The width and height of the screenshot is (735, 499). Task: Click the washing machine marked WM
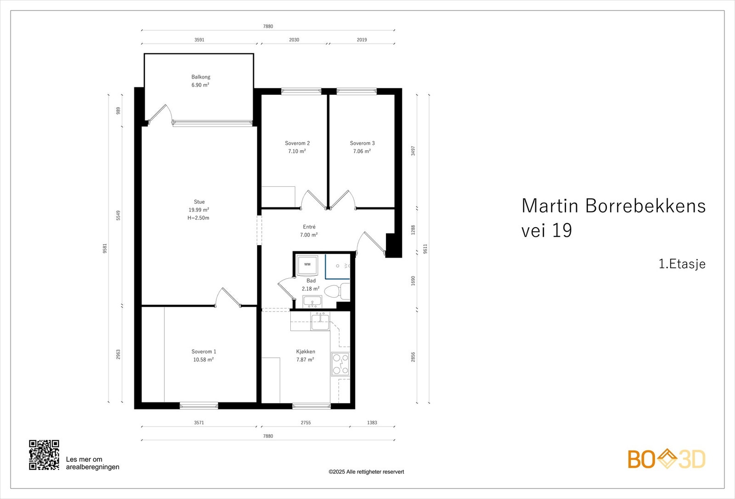pos(307,265)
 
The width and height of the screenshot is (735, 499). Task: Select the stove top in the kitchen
pos(340,364)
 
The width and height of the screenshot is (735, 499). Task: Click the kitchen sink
pos(320,321)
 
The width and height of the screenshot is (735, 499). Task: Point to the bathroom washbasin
pos(312,302)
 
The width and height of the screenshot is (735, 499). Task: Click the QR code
pos(44,455)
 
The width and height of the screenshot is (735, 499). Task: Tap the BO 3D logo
pos(667,459)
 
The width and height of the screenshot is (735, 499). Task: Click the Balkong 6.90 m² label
pos(200,81)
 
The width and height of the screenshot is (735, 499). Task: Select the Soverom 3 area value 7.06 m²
pos(362,151)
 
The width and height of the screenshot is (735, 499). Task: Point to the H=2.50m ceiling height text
pos(198,218)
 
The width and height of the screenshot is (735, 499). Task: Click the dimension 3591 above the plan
pos(199,40)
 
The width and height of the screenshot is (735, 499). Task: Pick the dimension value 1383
pos(372,423)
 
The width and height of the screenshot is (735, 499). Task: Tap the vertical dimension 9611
pos(425,249)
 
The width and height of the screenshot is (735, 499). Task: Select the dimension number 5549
pos(118,215)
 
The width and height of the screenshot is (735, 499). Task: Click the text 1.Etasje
pos(682,264)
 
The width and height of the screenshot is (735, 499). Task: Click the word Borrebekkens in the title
pos(645,206)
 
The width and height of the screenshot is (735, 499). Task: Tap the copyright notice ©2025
pos(366,472)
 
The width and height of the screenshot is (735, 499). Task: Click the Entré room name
pos(309,227)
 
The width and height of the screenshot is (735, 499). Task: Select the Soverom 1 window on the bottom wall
pos(199,406)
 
